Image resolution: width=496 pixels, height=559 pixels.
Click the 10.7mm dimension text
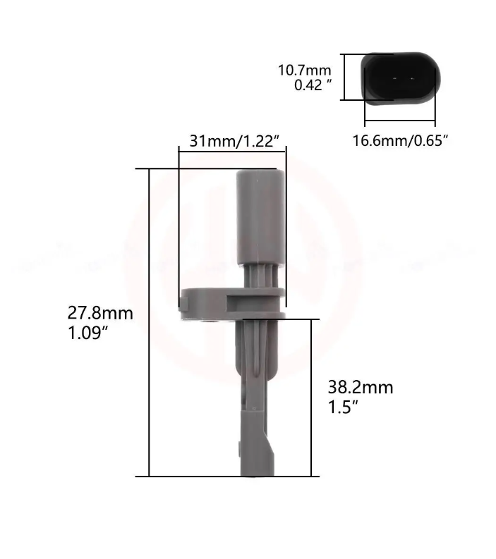coord(304,70)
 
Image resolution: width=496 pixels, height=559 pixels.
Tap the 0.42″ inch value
coord(313,85)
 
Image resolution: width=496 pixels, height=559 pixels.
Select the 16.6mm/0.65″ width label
coord(400,140)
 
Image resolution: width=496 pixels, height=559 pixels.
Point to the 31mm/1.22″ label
coord(234,141)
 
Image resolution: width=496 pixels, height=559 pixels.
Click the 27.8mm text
coord(100,314)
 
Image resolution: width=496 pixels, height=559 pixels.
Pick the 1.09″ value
coord(87,333)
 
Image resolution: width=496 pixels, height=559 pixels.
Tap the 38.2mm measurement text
coord(361,387)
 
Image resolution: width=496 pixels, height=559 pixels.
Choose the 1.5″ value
coord(343,407)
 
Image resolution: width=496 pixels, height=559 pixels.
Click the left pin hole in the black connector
coord(394,78)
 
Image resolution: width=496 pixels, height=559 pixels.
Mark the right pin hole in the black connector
coord(412,78)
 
